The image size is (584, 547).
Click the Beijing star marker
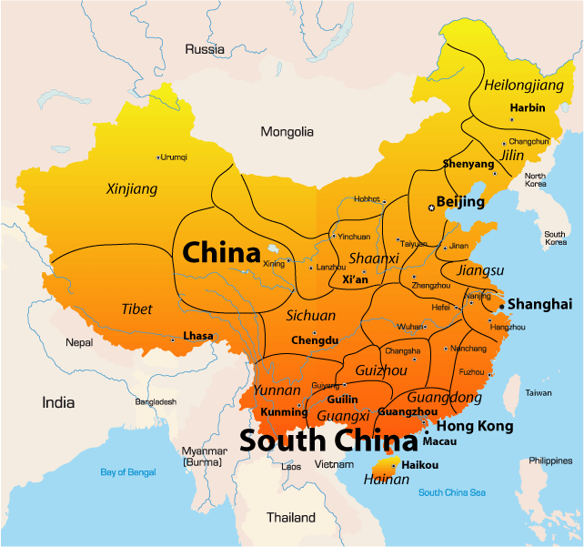coord(431,208)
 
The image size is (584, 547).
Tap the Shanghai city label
coord(539,304)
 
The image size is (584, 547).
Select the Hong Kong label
coord(475,426)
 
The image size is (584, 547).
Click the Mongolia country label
coord(287,132)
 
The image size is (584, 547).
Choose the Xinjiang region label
coord(132,189)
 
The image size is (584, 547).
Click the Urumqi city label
coord(174,157)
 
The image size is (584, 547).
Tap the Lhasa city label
coord(198,336)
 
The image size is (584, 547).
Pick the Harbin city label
coord(528,107)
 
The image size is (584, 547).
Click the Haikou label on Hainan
coord(420,465)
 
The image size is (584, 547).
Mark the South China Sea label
coord(452,492)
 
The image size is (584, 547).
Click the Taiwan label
coord(539,392)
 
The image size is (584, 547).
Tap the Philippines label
coord(550,461)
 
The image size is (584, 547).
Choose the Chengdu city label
coord(314,340)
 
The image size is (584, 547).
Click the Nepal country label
coord(79,343)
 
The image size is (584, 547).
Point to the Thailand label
coord(290,518)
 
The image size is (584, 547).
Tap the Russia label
coord(205,49)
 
